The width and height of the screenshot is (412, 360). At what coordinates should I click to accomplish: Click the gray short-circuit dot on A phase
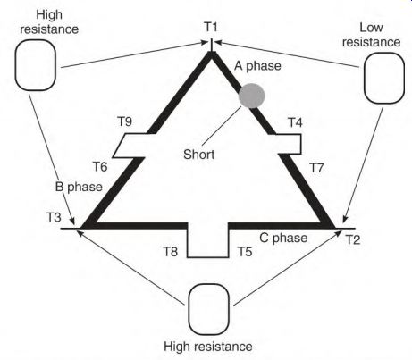(x=252, y=96)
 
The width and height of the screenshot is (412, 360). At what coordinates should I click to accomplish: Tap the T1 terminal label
(x=211, y=27)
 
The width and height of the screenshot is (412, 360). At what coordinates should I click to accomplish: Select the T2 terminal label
(x=353, y=239)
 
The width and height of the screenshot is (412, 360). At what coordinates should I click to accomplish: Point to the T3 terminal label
(x=54, y=217)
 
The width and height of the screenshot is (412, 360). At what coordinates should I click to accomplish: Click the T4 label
(x=295, y=122)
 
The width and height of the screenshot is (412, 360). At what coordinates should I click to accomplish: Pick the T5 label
(x=245, y=252)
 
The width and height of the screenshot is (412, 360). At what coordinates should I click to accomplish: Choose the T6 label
(x=100, y=167)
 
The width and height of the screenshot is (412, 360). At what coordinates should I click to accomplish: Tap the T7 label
(x=316, y=168)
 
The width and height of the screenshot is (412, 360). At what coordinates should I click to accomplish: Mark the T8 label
(x=171, y=252)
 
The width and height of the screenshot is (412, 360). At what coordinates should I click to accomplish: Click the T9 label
(x=125, y=121)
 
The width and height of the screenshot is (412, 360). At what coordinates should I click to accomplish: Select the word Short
(x=199, y=155)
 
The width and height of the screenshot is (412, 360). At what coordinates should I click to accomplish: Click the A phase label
(x=257, y=66)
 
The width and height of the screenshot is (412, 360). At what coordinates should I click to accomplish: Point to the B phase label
(x=79, y=187)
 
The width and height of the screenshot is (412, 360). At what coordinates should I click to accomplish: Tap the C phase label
(x=283, y=238)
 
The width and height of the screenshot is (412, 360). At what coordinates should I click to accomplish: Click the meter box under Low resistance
(x=384, y=78)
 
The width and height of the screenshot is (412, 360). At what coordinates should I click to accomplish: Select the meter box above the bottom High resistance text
(x=209, y=309)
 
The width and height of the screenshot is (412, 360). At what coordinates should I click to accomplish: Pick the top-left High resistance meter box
(x=36, y=65)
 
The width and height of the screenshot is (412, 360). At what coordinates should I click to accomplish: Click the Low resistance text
(x=371, y=35)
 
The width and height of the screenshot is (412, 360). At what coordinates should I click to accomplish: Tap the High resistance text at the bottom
(x=208, y=347)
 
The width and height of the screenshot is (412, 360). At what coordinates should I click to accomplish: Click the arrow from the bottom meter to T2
(x=288, y=268)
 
